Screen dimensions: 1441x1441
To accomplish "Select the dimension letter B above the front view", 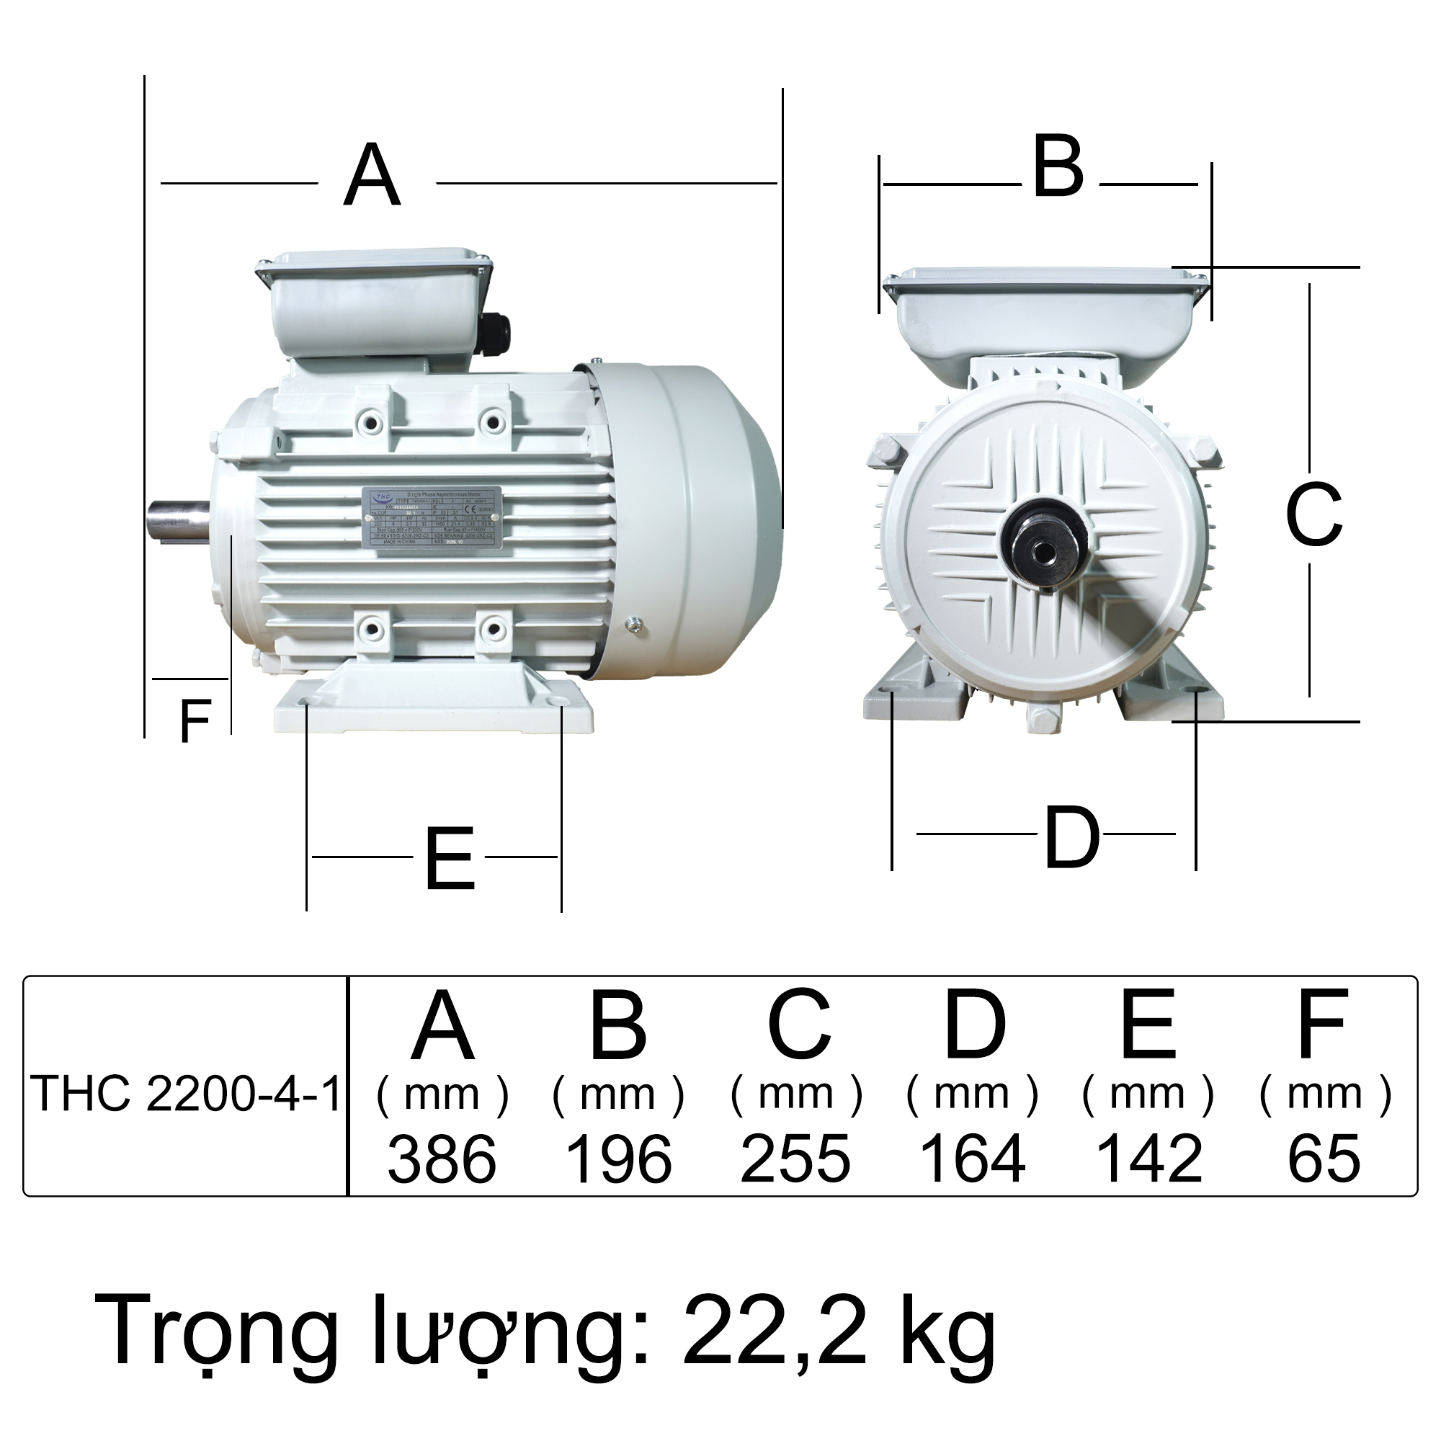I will point(1058,169).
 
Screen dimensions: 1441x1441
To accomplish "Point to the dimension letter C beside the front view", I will point(1313,514).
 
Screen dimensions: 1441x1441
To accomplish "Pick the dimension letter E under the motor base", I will point(450,860).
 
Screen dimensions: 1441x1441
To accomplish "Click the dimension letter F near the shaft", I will point(195,721).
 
